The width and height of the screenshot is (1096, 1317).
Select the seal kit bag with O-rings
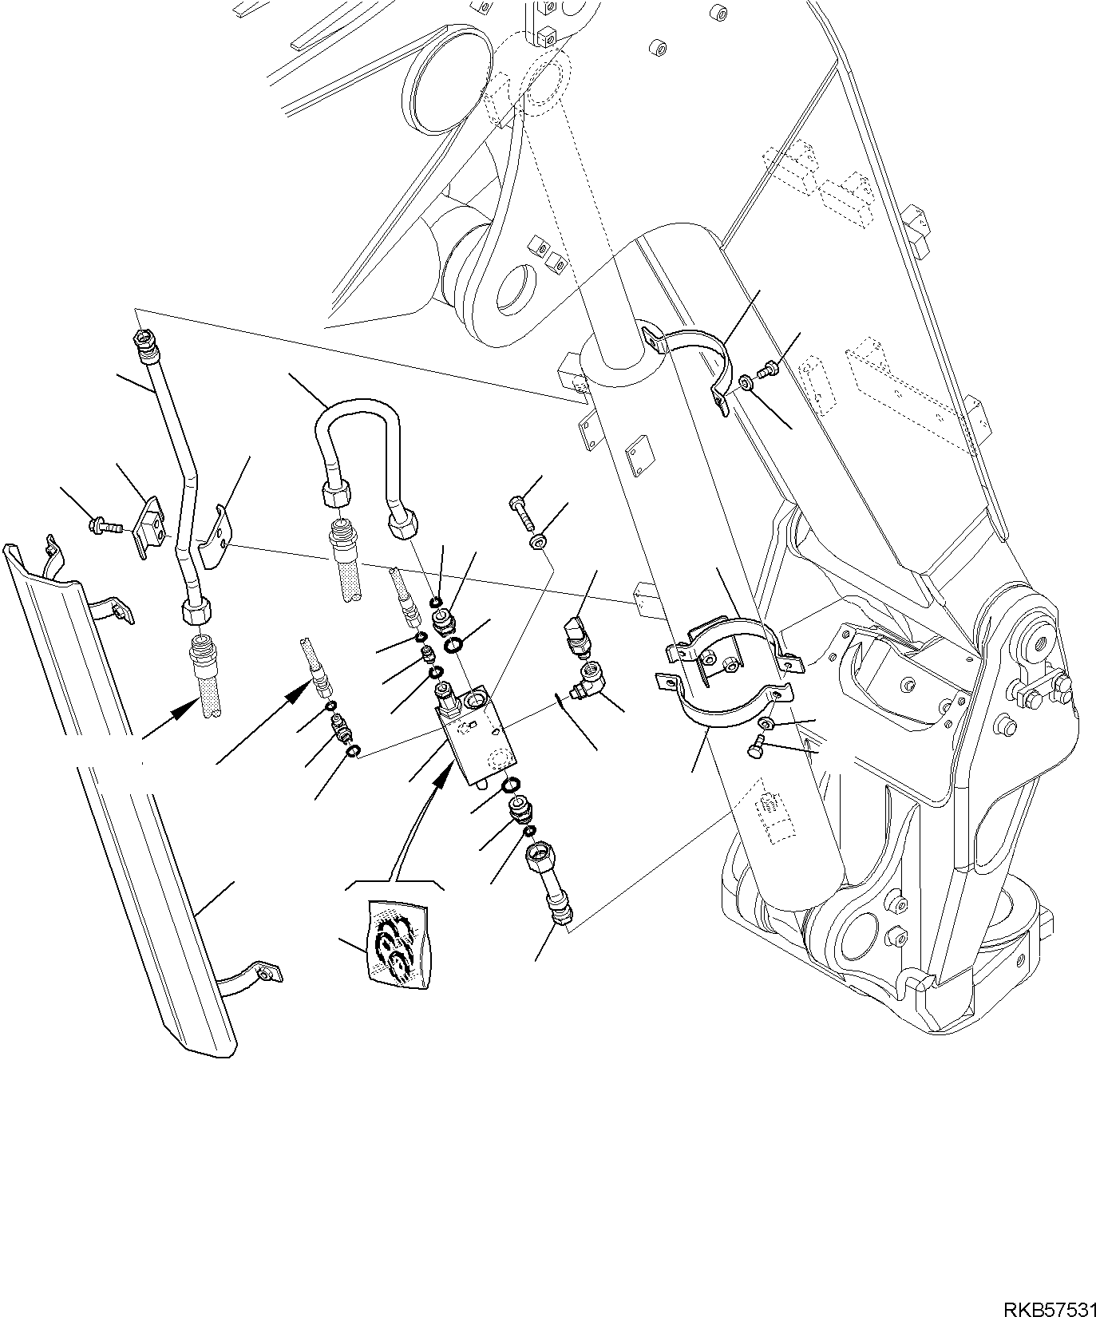click(395, 947)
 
